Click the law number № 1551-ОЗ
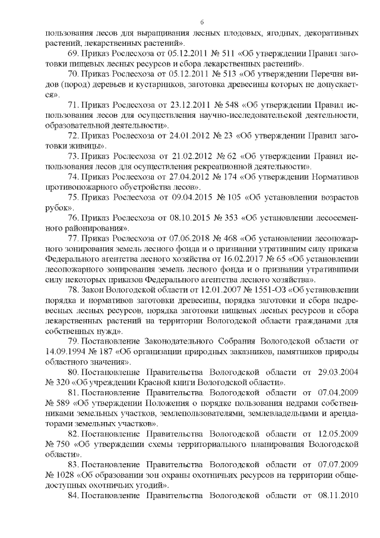tap(220, 290)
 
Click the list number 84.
tap(74, 496)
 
